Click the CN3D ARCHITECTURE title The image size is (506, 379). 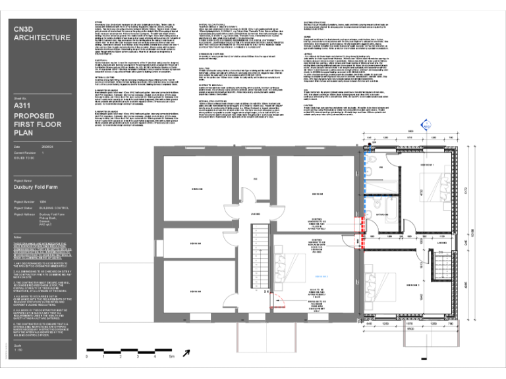(x=42, y=33)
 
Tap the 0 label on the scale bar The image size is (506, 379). (x=86, y=357)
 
